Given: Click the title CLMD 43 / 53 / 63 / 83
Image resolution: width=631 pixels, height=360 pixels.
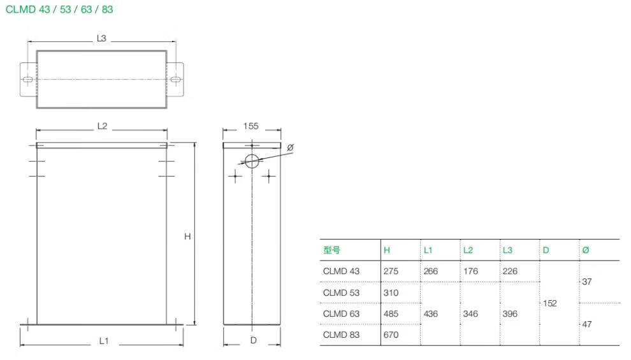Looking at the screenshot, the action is pos(59,10).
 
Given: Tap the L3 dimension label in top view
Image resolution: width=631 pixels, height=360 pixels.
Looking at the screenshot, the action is pos(101,38).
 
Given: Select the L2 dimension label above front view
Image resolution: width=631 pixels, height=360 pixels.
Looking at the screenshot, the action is pos(102,126).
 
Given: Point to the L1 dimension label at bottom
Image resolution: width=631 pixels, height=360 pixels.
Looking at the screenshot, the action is pos(104,341).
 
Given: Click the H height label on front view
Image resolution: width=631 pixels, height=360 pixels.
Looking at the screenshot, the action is pos(187,236).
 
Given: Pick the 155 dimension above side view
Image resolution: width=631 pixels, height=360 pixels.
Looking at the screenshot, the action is pos(250,126).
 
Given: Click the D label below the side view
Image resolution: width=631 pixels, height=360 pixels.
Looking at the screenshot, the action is pos(253,340).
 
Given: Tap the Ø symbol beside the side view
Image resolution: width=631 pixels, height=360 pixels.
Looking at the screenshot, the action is pos(290,148).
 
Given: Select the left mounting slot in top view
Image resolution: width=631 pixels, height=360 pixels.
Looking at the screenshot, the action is pos(27,79).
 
